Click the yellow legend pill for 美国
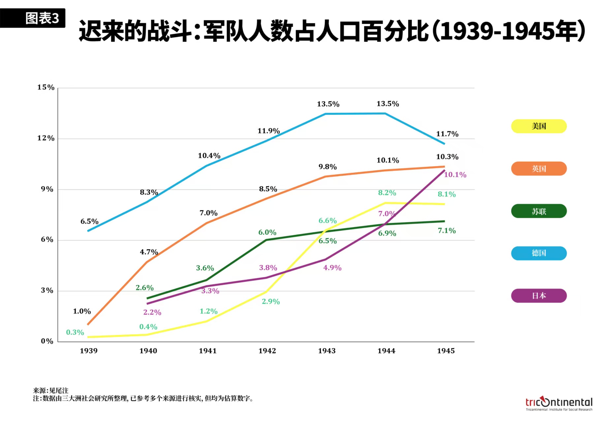538,126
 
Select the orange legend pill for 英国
538,169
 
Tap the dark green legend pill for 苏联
538,211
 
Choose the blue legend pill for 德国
538,253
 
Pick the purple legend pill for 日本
538,296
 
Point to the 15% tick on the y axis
46,87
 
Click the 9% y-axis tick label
47,189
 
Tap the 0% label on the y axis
47,341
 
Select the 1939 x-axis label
88,351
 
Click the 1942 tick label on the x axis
267,351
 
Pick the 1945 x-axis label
446,351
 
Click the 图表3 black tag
33,18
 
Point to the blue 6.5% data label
89,222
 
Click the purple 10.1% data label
455,175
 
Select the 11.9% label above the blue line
269,131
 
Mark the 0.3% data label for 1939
75,332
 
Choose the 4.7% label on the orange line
149,252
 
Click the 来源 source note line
50,391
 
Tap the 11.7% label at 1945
447,134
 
